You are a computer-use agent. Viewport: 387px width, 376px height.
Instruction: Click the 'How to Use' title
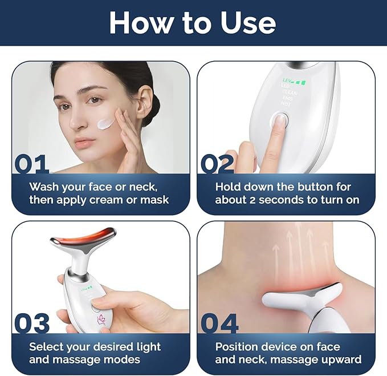click(x=193, y=23)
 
